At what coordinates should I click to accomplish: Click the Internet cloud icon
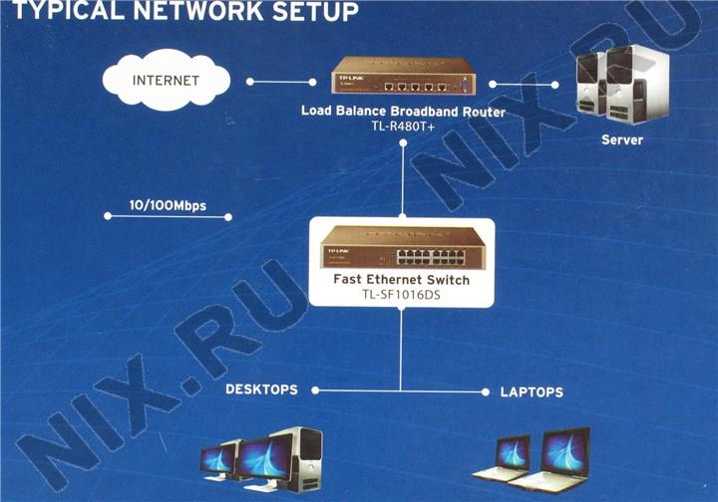click(x=166, y=81)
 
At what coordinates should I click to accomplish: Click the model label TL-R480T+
click(x=403, y=126)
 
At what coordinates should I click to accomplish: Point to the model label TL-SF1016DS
click(x=401, y=296)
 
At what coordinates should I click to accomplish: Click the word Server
click(x=622, y=140)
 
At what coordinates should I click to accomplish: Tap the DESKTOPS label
click(x=261, y=389)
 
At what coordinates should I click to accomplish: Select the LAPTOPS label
click(x=532, y=391)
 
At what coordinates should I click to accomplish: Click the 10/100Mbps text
click(x=168, y=206)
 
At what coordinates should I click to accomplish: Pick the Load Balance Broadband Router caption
click(x=403, y=112)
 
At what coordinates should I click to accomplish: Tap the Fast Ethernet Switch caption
click(x=401, y=281)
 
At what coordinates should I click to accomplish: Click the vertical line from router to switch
click(x=402, y=179)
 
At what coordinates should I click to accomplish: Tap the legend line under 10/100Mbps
click(x=168, y=216)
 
